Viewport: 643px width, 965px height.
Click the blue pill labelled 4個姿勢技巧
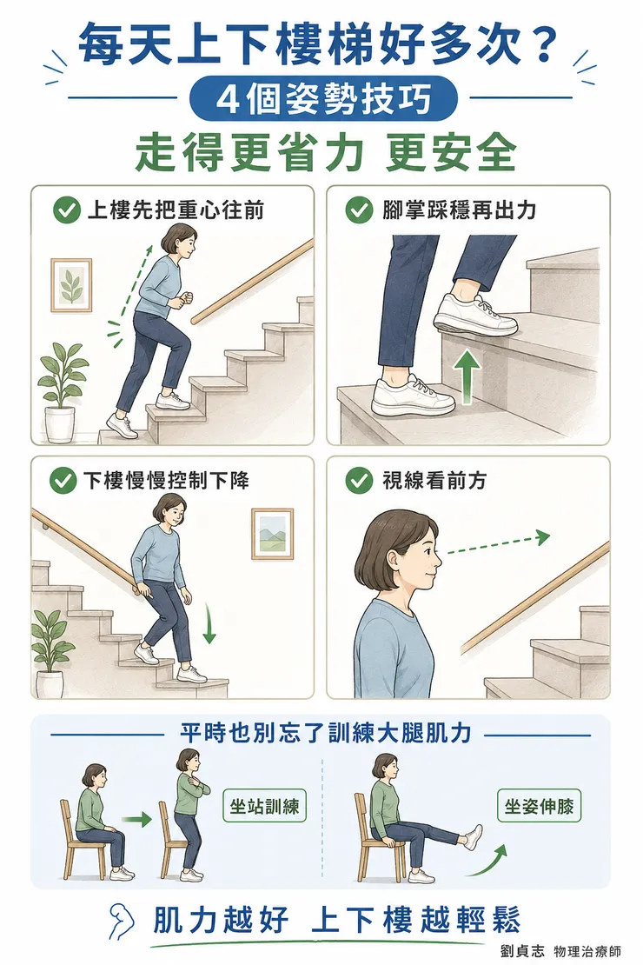pyautogui.click(x=323, y=100)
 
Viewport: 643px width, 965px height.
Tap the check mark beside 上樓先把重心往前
pyautogui.click(x=66, y=210)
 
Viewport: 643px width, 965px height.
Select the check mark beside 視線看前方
pyautogui.click(x=359, y=480)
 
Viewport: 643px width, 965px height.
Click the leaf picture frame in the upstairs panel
pyautogui.click(x=71, y=285)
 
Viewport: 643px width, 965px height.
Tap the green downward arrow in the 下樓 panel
pyautogui.click(x=209, y=622)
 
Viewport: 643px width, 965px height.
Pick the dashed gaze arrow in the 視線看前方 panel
pyautogui.click(x=498, y=544)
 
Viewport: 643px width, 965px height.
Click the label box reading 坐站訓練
pyautogui.click(x=264, y=805)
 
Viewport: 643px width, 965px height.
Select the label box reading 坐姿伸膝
pyautogui.click(x=539, y=805)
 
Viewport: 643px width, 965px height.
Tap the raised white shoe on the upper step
pyautogui.click(x=475, y=315)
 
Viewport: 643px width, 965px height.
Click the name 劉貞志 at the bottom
pyautogui.click(x=522, y=950)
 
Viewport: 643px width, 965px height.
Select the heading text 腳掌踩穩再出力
pyautogui.click(x=460, y=210)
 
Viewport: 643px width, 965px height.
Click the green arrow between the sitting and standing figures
pyautogui.click(x=136, y=819)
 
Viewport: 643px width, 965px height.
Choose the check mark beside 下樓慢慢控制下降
pyautogui.click(x=63, y=480)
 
